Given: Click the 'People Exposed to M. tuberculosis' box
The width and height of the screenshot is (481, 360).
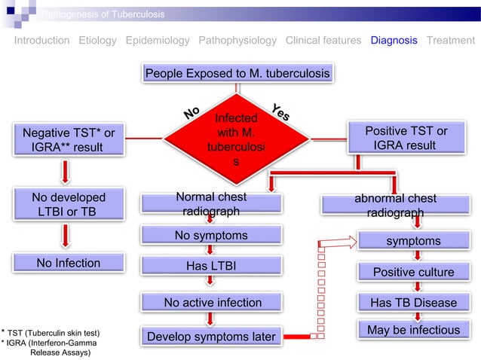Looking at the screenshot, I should point(237,74).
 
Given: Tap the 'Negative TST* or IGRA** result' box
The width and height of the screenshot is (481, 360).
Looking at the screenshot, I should point(68,139).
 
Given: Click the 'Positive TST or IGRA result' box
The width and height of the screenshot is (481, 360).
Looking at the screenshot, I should point(406,139).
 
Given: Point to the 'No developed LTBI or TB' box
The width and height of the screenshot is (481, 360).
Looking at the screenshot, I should point(68,206).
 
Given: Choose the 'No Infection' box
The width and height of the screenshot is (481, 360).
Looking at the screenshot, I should point(68,263).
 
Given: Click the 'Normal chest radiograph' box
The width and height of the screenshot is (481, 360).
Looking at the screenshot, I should point(212,204).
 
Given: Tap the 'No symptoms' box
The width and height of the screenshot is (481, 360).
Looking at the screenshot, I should point(212,236).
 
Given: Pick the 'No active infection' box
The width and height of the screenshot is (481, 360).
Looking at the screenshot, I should point(212,303).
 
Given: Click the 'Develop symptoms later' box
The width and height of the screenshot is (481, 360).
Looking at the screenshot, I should point(212,336).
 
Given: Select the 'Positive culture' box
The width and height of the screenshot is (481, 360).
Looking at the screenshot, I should point(413,272).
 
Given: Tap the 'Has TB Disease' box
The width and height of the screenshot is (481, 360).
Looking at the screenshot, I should point(413,303).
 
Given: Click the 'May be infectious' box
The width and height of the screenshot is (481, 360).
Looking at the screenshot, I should point(413,330).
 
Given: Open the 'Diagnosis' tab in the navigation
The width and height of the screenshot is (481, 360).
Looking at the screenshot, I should point(394,41).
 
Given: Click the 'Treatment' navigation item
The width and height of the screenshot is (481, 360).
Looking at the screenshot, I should point(450,41).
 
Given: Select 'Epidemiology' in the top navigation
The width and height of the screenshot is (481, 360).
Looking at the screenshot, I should point(157,41).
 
